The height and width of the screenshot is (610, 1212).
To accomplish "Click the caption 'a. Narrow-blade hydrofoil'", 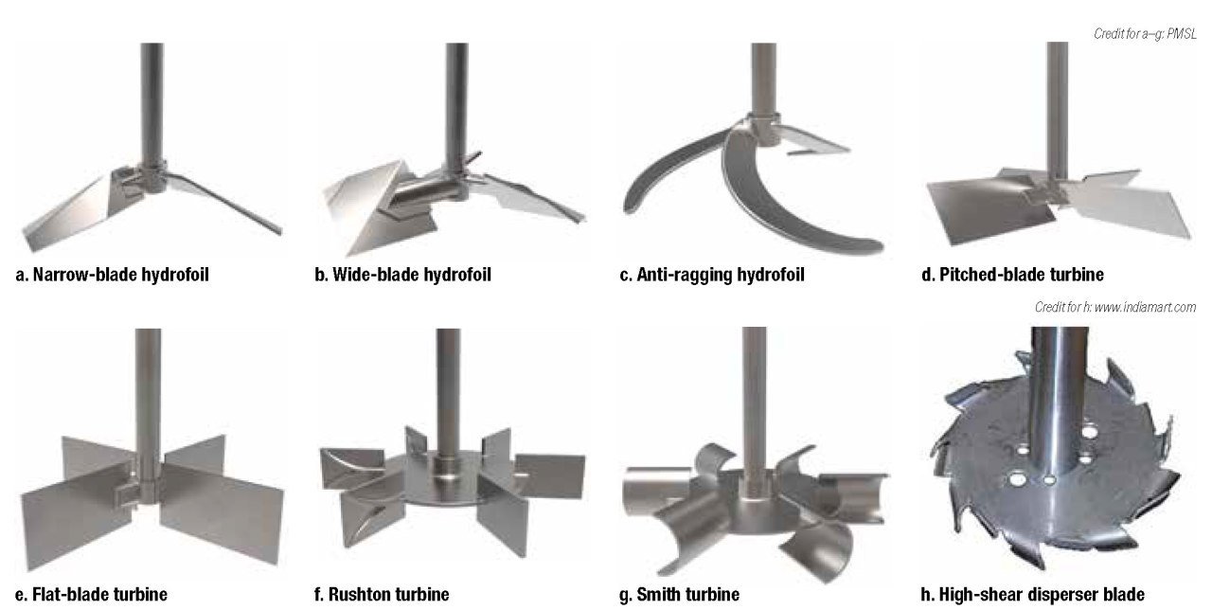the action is [x=112, y=275].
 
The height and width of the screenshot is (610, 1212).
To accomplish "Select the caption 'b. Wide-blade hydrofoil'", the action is [x=402, y=275].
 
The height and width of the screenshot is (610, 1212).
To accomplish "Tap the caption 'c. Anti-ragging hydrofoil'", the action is [x=712, y=275].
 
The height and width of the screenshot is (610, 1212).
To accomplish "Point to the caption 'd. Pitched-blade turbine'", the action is [x=1012, y=275].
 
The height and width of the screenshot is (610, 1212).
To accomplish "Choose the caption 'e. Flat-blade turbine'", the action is [x=91, y=594].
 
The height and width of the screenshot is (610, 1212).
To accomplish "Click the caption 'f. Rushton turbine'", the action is [x=382, y=594].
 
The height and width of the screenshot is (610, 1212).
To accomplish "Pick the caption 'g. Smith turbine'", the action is [x=679, y=594].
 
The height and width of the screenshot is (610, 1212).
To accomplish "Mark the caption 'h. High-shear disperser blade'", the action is [x=1032, y=594].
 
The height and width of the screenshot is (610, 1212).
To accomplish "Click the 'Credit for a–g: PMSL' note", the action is [x=1145, y=34].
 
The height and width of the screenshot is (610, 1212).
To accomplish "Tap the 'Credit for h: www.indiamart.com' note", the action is [x=1115, y=308].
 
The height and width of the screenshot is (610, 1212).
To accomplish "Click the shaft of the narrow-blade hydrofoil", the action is [x=152, y=103].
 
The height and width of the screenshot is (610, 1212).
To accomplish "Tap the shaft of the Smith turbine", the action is [x=754, y=401].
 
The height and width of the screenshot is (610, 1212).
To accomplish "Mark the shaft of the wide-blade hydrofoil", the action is [x=457, y=105].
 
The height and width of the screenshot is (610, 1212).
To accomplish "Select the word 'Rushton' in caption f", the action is [x=358, y=594].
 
